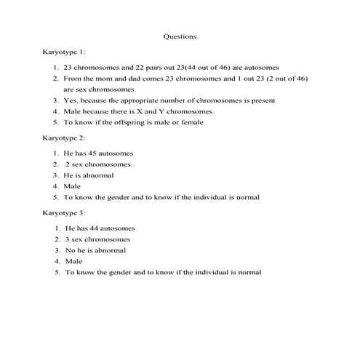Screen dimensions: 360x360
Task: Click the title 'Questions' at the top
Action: [x=180, y=35]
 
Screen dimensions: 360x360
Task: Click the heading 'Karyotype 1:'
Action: [x=64, y=52]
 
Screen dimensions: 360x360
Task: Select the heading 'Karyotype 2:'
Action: [x=64, y=137]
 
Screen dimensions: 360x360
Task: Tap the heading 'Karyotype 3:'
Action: [x=64, y=212]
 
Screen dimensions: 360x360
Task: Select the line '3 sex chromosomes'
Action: [x=97, y=239]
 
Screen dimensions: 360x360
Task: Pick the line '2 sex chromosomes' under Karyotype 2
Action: [x=97, y=164]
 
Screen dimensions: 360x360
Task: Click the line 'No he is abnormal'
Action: [x=95, y=250]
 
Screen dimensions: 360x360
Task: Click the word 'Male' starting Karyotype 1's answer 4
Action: [x=71, y=111]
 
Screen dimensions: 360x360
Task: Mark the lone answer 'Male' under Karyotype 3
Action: [x=74, y=261]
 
